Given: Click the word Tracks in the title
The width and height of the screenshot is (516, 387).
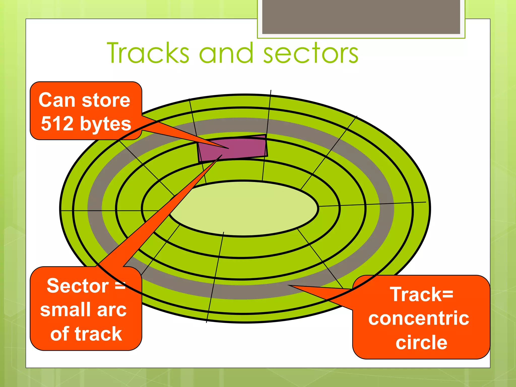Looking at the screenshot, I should click(148, 53).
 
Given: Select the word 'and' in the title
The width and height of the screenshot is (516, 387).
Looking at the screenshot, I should click(226, 53).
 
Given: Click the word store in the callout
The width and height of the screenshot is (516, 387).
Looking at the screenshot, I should click(106, 100).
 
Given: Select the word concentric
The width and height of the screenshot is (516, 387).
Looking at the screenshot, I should click(418, 318).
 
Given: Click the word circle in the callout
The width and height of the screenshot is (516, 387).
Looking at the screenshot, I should click(421, 342).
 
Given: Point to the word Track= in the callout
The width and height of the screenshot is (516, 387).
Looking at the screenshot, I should click(422, 294).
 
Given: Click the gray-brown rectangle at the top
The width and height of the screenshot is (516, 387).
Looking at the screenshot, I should click(361, 17).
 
